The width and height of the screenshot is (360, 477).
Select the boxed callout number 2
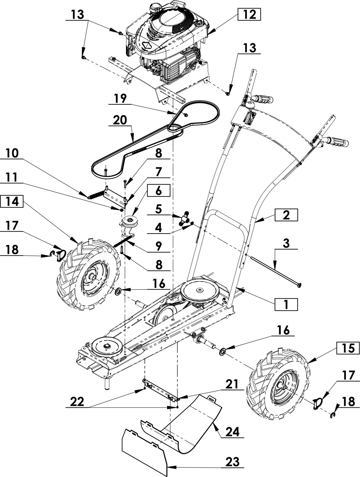click(x=286, y=215)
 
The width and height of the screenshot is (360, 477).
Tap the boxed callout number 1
click(x=286, y=305)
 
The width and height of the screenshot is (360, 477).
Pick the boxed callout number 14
click(x=13, y=202)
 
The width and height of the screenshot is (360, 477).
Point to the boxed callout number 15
click(x=348, y=348)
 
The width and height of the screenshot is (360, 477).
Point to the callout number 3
click(x=286, y=243)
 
